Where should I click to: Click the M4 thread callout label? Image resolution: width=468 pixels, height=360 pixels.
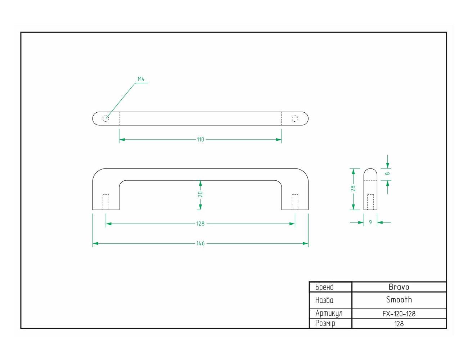point(141,79)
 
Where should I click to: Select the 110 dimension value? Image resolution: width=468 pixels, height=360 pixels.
point(200,140)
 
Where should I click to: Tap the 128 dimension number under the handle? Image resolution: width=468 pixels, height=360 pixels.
point(200,224)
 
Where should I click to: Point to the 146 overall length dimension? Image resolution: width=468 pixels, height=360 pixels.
point(200,243)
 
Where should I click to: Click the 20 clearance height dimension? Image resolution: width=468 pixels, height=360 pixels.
point(200,194)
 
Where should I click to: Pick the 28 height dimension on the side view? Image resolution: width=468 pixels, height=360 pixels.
point(353,188)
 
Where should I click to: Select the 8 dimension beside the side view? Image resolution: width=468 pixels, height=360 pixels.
point(387,174)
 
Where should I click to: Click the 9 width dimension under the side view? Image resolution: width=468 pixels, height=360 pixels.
point(370,222)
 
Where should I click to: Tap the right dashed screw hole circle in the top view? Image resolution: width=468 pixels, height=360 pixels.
point(295,118)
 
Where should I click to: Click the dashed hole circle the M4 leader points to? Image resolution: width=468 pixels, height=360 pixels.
point(106,118)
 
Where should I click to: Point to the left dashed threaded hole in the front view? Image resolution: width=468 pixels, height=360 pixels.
point(106,202)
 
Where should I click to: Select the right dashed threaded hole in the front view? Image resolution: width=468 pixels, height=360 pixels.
point(295,202)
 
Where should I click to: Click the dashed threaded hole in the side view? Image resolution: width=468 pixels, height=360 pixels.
point(370,202)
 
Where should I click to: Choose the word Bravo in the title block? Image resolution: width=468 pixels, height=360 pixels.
point(399,287)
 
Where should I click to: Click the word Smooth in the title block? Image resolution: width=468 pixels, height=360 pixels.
point(399,300)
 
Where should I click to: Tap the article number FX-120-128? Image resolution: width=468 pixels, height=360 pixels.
point(399,314)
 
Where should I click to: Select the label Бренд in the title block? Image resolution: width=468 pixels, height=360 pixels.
point(324,287)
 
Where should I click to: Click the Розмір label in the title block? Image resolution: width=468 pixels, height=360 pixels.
point(325,323)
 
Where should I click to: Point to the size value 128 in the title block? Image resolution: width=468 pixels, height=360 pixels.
point(399,324)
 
